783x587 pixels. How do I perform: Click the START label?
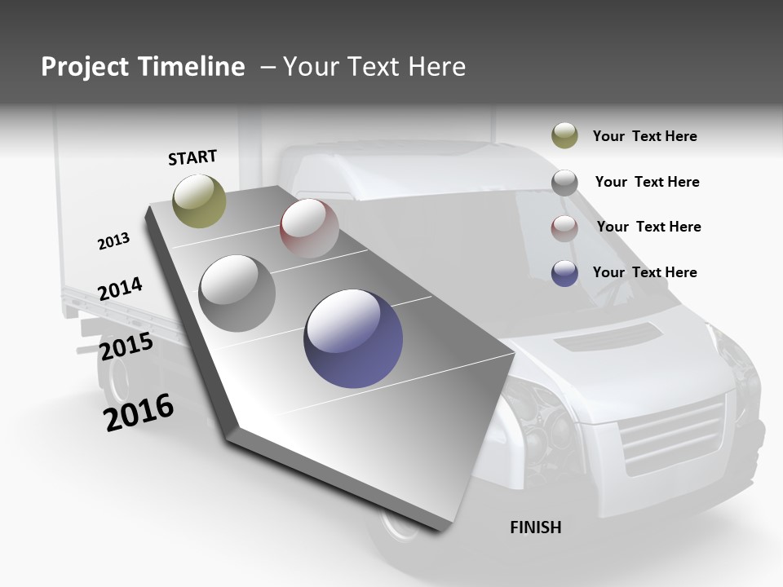pyautogui.click(x=192, y=157)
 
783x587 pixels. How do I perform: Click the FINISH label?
pyautogui.click(x=535, y=527)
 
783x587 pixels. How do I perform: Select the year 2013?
pyautogui.click(x=113, y=241)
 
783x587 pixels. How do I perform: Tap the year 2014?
pyautogui.click(x=120, y=289)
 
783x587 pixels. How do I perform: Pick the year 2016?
pyautogui.click(x=139, y=413)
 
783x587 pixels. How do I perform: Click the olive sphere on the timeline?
pyautogui.click(x=199, y=201)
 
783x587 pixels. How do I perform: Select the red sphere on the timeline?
pyautogui.click(x=309, y=228)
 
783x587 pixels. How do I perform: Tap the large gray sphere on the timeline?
pyautogui.click(x=237, y=293)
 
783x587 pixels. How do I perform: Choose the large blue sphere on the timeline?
pyautogui.click(x=353, y=338)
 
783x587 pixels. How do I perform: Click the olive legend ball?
pyautogui.click(x=564, y=136)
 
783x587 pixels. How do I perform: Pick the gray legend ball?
pyautogui.click(x=564, y=183)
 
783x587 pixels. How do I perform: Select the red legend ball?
pyautogui.click(x=564, y=227)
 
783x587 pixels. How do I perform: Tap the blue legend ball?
pyautogui.click(x=564, y=273)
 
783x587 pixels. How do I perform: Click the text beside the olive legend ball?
pyautogui.click(x=644, y=136)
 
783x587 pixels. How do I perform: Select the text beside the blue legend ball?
pyautogui.click(x=644, y=272)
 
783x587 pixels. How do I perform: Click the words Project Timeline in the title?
pyautogui.click(x=143, y=67)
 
